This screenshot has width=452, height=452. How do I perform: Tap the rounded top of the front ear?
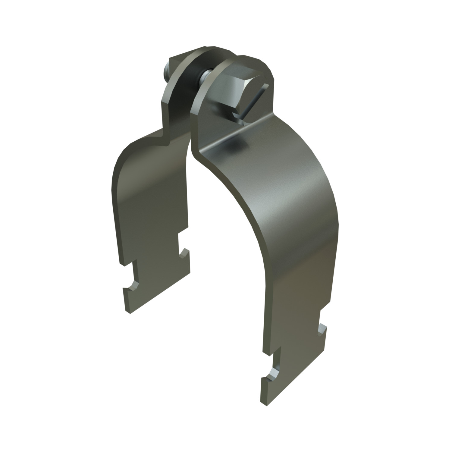point(241,60)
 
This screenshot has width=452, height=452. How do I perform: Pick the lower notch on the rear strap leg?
point(133,285)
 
